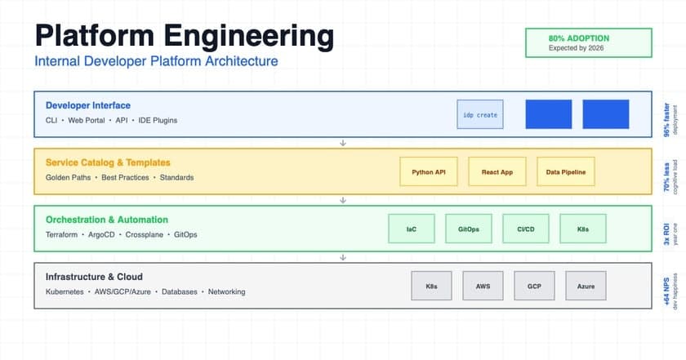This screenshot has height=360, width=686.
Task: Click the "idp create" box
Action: click(480, 114)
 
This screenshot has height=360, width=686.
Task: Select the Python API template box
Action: click(429, 171)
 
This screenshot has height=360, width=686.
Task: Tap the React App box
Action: click(497, 171)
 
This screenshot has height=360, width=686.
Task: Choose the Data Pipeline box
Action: click(566, 171)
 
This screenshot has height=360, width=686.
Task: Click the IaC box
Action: click(411, 229)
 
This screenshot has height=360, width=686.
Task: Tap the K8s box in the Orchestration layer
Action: click(582, 229)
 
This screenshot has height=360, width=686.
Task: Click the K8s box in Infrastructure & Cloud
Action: click(431, 286)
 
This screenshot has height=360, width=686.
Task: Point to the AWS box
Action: click(483, 286)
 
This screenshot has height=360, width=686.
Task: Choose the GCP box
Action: click(534, 286)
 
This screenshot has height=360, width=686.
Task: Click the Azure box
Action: click(586, 286)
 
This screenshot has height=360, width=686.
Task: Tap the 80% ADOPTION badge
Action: click(588, 42)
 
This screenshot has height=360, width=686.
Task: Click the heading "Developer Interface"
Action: click(88, 105)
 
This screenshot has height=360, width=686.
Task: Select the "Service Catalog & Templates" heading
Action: click(108, 162)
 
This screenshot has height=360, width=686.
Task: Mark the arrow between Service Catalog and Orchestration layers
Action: click(343, 200)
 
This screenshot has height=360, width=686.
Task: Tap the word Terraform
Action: click(64, 234)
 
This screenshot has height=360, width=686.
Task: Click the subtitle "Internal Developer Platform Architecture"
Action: click(156, 61)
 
